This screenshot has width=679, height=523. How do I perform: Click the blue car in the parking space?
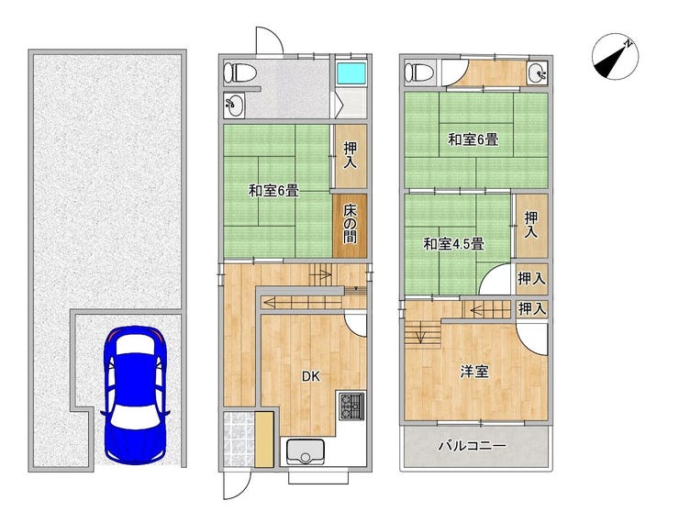point(135,395)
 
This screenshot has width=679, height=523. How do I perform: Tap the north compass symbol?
point(615,57)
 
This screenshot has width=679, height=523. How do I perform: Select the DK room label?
point(311,377)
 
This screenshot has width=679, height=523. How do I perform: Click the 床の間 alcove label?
point(350,224)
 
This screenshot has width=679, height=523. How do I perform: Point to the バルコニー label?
point(472,446)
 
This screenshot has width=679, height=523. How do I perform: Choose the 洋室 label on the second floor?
point(474,372)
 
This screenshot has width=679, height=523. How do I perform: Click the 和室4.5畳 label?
point(453,244)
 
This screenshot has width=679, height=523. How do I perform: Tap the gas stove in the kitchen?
point(352,406)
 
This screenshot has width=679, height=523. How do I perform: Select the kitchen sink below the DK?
point(306,452)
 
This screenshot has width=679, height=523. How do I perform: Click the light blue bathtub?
point(351,72)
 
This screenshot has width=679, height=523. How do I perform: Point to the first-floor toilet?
point(239,72)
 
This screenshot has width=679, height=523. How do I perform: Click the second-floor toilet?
point(418,72)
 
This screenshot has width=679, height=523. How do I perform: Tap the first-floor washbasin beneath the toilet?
point(234,106)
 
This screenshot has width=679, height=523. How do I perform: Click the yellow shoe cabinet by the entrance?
point(264,439)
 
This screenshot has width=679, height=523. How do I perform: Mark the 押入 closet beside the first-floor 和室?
point(351,156)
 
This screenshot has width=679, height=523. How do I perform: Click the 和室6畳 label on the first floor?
point(273,191)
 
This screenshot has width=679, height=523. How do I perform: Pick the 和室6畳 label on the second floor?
point(473,139)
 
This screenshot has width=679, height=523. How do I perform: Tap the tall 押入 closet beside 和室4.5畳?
point(532,226)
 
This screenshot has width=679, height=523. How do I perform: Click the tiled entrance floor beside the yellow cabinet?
point(239,439)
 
